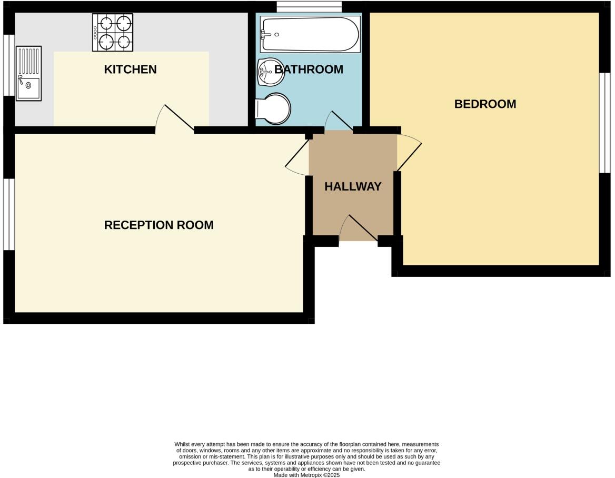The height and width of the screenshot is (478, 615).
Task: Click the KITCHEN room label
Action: (130, 69)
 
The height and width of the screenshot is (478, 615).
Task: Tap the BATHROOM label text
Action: (309, 69)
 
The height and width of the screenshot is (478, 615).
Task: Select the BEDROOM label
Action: (485, 104)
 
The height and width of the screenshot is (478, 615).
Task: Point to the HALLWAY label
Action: (353, 186)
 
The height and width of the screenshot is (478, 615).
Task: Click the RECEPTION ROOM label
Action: (158, 225)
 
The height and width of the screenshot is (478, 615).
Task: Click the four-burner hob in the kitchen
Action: (113, 32)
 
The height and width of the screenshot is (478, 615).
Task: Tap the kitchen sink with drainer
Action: (28, 73)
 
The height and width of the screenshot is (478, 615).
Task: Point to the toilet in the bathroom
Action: (274, 109)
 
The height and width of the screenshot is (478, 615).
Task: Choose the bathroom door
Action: (339, 121)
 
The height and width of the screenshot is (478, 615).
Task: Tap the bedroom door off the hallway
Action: (409, 152)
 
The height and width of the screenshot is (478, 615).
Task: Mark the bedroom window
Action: (604, 122)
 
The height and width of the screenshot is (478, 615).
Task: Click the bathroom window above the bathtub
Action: (309, 7)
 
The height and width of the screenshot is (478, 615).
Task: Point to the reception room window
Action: (8, 214)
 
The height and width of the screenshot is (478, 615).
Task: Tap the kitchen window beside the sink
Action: (8, 65)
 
